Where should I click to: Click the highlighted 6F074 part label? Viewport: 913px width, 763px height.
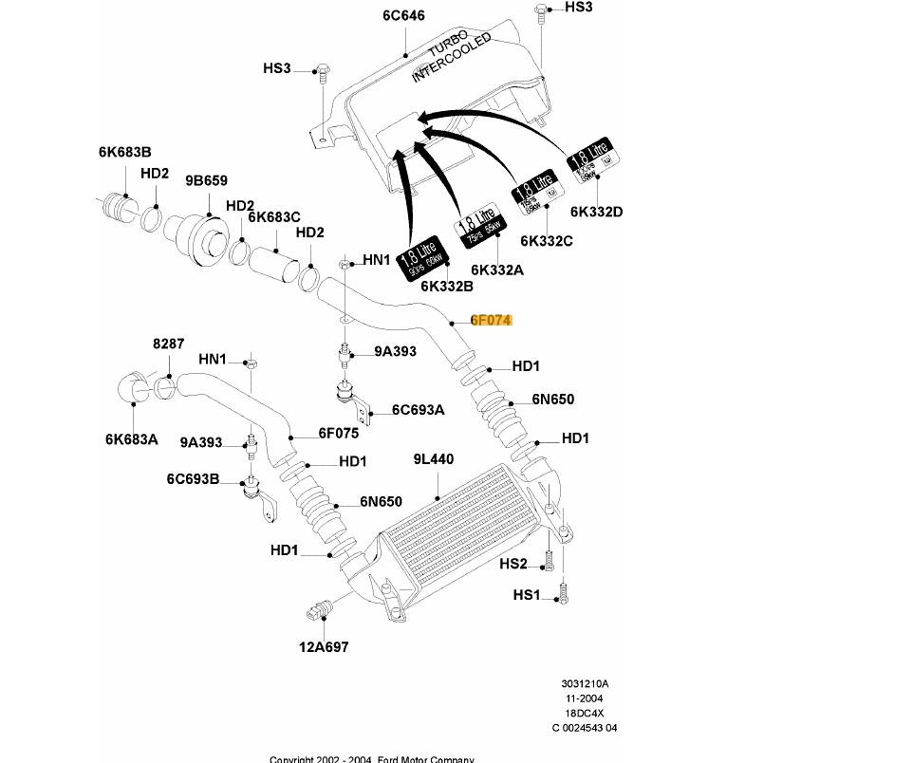(x=492, y=321)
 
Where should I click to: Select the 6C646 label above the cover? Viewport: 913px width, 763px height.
(x=403, y=16)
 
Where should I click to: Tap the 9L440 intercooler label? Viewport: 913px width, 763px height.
(x=433, y=459)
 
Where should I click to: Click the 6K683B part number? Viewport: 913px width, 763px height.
(x=124, y=152)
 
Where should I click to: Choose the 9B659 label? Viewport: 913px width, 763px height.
(x=206, y=180)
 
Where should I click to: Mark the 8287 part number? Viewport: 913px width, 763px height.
(x=169, y=344)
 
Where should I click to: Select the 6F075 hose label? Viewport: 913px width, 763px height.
(x=338, y=433)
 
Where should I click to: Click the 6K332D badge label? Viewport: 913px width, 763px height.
(x=597, y=212)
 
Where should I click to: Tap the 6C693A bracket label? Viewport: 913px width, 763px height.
(x=419, y=411)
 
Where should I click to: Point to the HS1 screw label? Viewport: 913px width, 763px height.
(x=527, y=595)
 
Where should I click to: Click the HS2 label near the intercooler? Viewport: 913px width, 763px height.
(x=513, y=565)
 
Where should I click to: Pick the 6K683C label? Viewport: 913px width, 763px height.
(x=274, y=216)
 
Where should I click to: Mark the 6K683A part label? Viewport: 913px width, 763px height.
(x=131, y=438)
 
